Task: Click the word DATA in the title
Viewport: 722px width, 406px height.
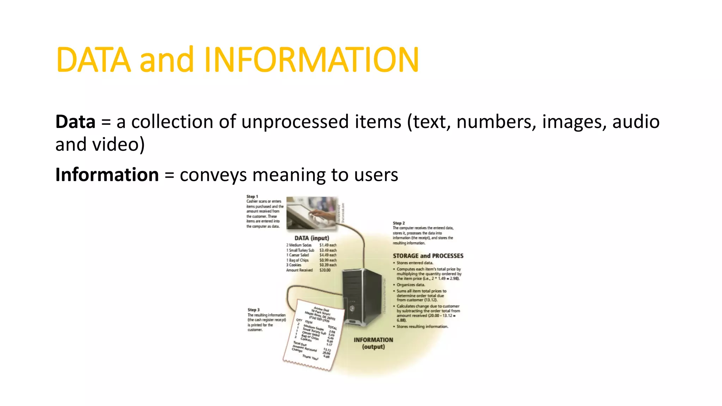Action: pos(93,60)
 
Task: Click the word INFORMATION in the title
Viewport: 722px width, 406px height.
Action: pos(311,60)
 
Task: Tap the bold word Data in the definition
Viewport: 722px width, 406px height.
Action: pos(75,122)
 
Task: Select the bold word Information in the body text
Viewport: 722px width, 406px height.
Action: pos(107,175)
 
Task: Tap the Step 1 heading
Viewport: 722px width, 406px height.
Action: pos(252,197)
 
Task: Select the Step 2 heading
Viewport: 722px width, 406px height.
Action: pos(399,223)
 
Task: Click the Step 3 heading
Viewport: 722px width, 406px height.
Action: pos(253,310)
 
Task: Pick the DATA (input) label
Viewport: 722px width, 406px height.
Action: pos(312,238)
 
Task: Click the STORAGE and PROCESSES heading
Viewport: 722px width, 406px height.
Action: pos(428,256)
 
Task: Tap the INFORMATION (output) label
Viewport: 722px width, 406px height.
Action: pos(373,343)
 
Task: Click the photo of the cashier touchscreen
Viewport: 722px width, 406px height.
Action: pos(312,213)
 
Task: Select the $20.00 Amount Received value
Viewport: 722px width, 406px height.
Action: pos(325,270)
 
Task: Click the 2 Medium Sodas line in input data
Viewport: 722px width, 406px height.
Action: pos(299,245)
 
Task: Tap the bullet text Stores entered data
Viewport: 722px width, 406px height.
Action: pos(415,263)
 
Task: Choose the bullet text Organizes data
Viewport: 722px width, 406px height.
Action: pos(411,285)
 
